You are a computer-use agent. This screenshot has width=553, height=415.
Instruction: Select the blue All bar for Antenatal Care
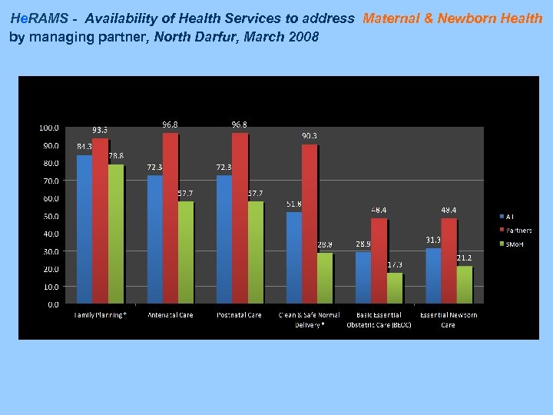(x=154, y=239)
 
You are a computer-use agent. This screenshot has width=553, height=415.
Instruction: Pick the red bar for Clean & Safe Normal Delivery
(x=309, y=224)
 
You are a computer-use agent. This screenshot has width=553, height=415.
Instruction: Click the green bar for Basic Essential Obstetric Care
(x=394, y=288)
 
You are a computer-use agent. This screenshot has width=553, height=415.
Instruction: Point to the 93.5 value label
(x=100, y=130)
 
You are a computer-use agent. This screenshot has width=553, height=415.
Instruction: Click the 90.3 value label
(x=309, y=136)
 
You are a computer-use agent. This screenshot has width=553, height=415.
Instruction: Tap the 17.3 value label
(x=395, y=264)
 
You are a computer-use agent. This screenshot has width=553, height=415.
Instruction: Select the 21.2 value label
(x=464, y=258)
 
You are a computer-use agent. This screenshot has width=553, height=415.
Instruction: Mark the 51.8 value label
(x=293, y=204)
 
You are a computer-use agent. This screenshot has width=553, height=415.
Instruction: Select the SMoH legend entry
(x=513, y=244)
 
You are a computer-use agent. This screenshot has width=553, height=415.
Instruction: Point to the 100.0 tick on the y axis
(x=49, y=128)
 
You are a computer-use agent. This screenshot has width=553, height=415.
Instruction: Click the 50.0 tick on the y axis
(x=51, y=216)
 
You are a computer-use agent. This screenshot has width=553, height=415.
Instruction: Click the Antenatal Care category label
(x=170, y=315)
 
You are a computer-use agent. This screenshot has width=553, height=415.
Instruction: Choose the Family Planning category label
(x=100, y=315)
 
